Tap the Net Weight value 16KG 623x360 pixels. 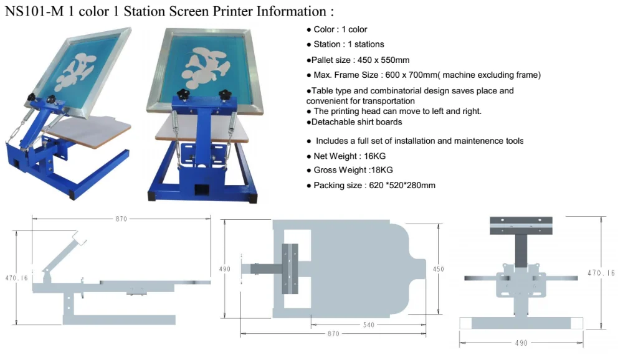[x=374, y=156]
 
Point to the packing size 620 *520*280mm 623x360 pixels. [x=399, y=185]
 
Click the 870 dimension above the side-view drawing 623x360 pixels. [x=121, y=219]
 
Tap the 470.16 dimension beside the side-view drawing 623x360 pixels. [x=17, y=278]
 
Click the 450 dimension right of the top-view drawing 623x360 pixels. [x=439, y=269]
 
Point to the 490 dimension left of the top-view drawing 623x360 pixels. [x=225, y=269]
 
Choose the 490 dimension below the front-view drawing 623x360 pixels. [x=521, y=343]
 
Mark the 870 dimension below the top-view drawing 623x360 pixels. [x=333, y=334]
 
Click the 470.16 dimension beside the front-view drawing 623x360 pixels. [x=601, y=273]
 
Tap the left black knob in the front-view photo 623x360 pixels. [x=183, y=94]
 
